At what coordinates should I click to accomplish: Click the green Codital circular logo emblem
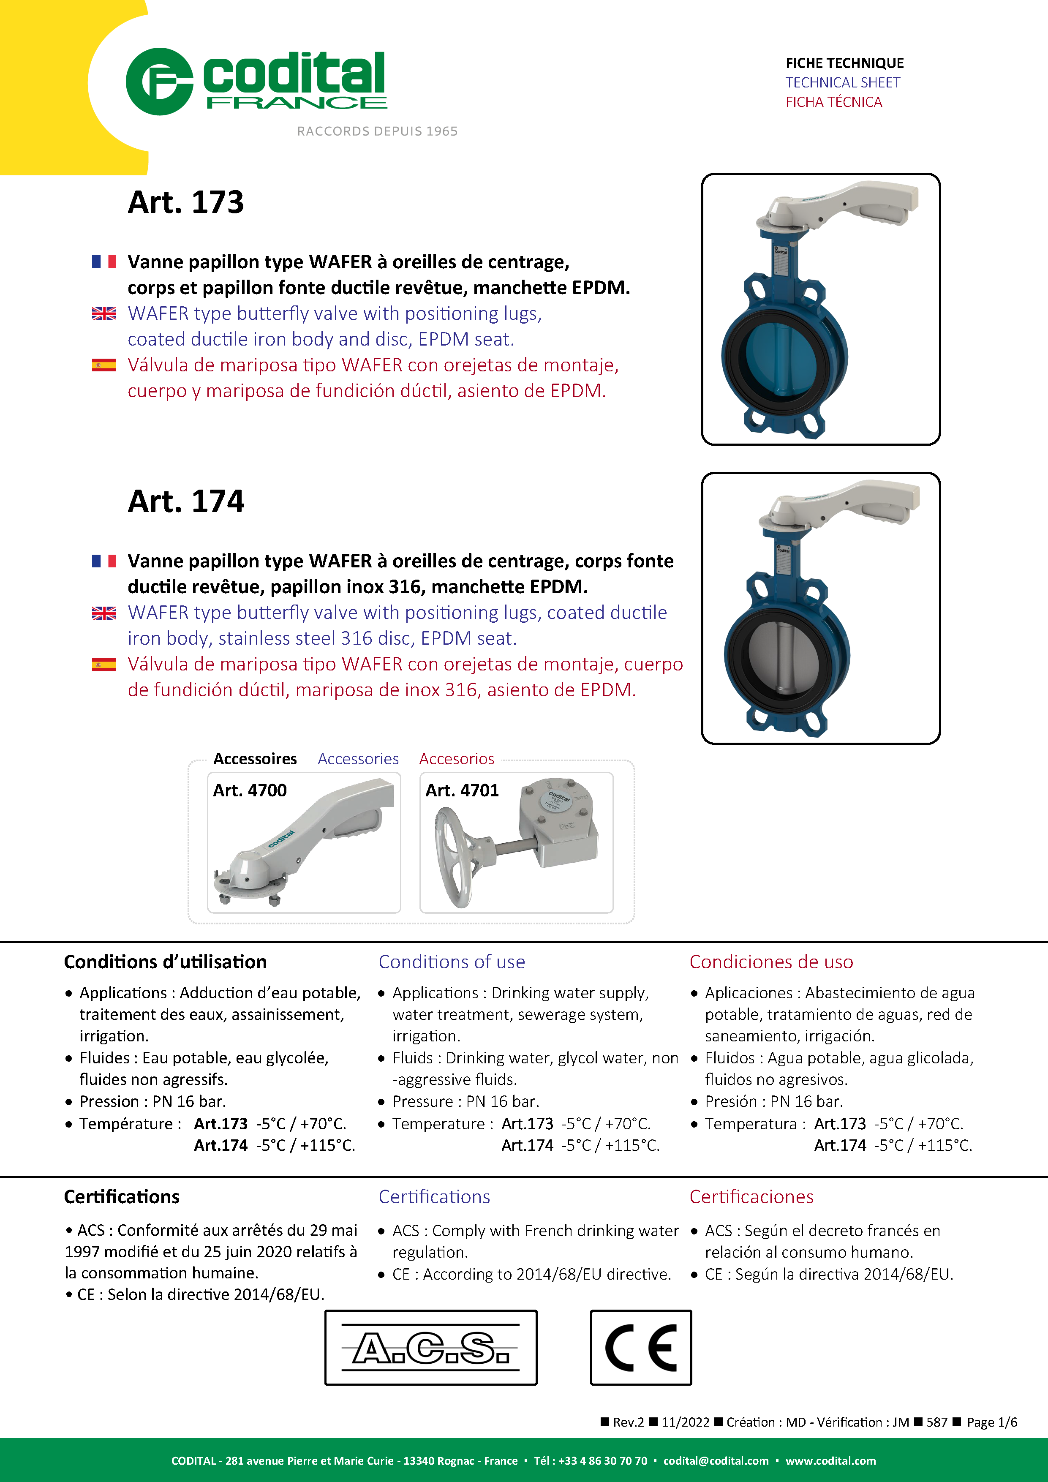(159, 82)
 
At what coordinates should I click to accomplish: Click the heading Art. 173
(186, 202)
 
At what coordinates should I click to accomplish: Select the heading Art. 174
(186, 501)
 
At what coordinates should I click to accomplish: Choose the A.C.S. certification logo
(430, 1347)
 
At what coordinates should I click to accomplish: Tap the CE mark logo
(641, 1347)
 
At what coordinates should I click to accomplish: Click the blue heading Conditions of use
(452, 962)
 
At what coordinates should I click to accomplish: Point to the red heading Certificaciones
(751, 1197)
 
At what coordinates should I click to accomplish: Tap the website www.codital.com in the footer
(830, 1461)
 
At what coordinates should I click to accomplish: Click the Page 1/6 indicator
(991, 1422)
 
